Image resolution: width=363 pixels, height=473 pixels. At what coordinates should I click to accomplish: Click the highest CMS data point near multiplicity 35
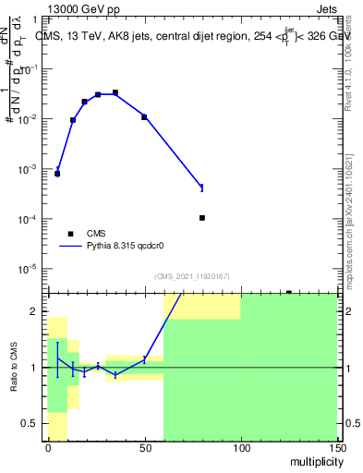pyautogui.click(x=115, y=92)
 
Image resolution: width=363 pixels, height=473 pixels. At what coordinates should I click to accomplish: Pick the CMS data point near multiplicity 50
pyautogui.click(x=144, y=116)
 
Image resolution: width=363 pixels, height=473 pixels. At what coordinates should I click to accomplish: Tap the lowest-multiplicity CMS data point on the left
pyautogui.click(x=57, y=174)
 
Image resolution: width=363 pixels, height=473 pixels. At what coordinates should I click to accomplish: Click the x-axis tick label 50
pyautogui.click(x=144, y=448)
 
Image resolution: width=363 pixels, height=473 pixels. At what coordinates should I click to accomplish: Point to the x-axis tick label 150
pyautogui.click(x=336, y=448)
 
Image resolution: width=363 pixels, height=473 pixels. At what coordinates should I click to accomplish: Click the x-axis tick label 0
pyautogui.click(x=48, y=448)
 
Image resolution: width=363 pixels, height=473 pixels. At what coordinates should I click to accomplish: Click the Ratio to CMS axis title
pyautogui.click(x=15, y=367)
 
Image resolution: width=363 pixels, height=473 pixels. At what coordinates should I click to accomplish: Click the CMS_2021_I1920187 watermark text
pyautogui.click(x=191, y=276)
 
